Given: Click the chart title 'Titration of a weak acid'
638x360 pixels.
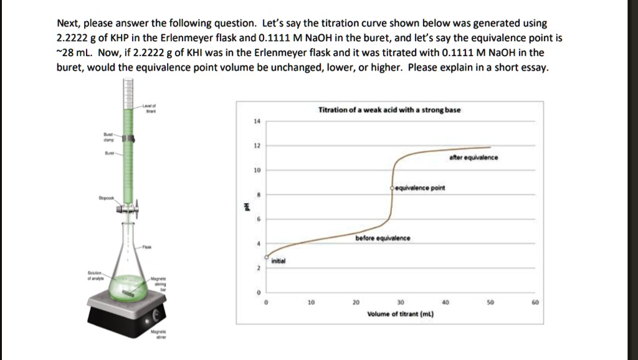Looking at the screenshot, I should click(389, 110).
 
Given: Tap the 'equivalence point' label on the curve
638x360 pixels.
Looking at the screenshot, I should click(421, 187).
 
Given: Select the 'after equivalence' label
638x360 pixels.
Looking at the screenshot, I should click(474, 158).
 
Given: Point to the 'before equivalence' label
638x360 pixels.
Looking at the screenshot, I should click(383, 238).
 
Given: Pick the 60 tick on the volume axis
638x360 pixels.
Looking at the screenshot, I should click(535, 303).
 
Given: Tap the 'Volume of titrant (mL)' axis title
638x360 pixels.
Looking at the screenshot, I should click(400, 315).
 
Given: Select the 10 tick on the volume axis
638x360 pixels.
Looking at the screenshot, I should click(311, 303).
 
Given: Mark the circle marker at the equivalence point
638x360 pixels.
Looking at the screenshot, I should click(393, 187).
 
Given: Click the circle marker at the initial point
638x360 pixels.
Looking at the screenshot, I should click(267, 257).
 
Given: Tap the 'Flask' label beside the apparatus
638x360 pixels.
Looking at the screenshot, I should click(146, 247).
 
